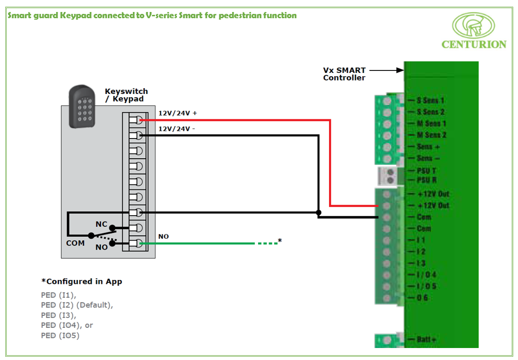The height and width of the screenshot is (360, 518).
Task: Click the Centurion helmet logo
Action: (473, 25)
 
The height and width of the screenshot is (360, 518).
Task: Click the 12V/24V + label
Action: (178, 114)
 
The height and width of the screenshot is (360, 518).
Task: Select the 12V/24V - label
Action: (177, 129)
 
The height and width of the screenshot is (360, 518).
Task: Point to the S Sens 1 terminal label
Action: (430, 101)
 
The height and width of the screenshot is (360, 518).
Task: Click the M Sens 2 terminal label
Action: (432, 135)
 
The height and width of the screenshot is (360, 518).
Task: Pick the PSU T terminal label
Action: (426, 171)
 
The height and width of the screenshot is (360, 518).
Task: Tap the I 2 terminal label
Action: (421, 252)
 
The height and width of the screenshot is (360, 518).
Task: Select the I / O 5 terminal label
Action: (426, 286)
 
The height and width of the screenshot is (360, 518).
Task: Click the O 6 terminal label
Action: (422, 298)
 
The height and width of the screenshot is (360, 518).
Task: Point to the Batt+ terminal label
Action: (426, 339)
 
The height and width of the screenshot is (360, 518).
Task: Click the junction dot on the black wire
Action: (318, 212)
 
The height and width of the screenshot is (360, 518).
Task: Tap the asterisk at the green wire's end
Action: (280, 240)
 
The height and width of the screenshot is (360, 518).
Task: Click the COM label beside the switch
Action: (75, 243)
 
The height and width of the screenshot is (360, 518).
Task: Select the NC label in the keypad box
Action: (101, 224)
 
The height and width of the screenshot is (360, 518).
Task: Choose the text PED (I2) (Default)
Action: (77, 305)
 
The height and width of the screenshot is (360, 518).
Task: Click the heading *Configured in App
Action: (82, 281)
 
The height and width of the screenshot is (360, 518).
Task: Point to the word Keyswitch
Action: (126, 91)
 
